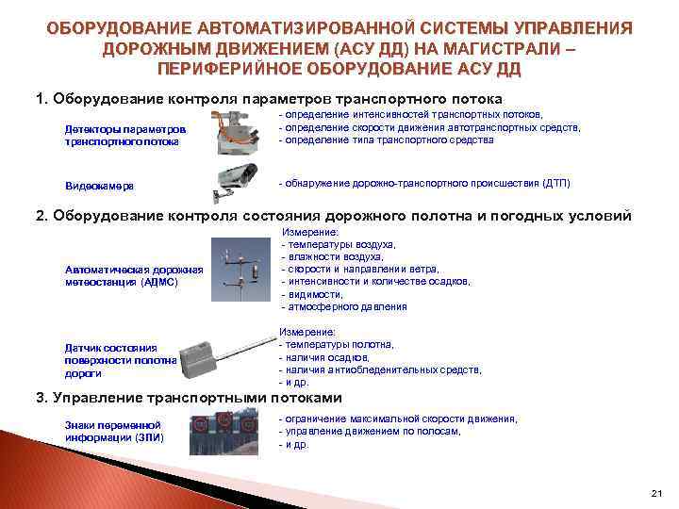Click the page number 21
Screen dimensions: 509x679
657,493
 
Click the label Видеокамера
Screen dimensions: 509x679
99,186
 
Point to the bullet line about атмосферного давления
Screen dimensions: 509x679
345,306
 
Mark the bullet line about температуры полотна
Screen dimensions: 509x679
340,345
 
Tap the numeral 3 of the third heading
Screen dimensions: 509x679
40,397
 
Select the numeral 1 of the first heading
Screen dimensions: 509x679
40,98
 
